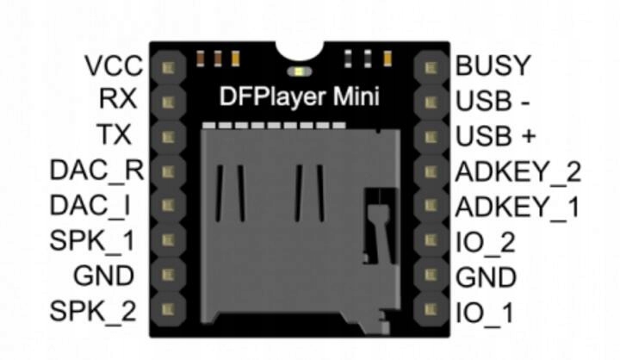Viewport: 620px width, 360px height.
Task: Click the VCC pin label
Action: point(110,66)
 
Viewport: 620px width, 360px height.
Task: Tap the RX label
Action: point(117,100)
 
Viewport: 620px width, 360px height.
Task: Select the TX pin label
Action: point(117,135)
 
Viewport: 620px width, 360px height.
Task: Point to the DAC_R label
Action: point(95,171)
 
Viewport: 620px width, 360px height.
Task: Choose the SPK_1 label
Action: point(94,241)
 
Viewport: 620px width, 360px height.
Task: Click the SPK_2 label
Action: point(94,311)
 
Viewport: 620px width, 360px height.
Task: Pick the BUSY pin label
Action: point(493,66)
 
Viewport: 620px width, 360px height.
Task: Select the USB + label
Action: point(496,136)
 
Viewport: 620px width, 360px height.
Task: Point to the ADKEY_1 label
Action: point(518,208)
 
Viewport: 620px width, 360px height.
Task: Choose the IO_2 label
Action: point(485,243)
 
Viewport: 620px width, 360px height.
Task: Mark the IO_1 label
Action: point(484,313)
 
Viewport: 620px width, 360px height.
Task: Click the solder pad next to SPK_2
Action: point(169,308)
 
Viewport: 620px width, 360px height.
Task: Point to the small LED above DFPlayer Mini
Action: point(299,71)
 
